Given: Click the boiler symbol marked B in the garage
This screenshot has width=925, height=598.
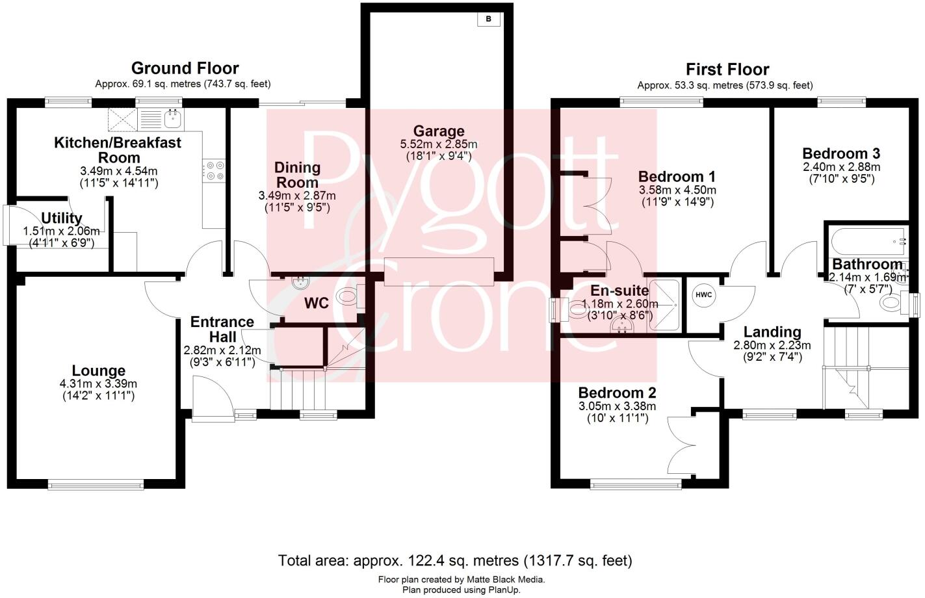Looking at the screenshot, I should click(x=488, y=19).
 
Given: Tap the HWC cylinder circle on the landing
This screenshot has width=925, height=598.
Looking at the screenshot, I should click(x=704, y=295).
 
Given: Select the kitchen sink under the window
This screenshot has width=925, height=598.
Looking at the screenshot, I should click(x=172, y=118).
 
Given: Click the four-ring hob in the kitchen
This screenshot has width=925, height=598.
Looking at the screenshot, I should click(x=214, y=170).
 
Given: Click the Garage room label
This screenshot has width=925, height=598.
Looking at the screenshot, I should click(x=439, y=131).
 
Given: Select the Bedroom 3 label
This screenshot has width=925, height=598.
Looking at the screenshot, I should click(x=841, y=154).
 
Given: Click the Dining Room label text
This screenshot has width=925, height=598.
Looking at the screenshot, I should click(x=297, y=175).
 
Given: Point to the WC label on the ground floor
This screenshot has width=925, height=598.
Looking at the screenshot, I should click(x=317, y=304).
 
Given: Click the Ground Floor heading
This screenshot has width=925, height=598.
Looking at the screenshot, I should click(x=185, y=68).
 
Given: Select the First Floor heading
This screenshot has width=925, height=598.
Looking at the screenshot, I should click(x=727, y=70).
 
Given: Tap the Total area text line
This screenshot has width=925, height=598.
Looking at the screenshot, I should click(x=455, y=560).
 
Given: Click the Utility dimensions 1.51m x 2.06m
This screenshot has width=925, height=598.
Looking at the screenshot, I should click(x=61, y=231).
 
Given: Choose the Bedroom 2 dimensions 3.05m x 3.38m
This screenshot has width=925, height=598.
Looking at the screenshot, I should click(x=617, y=407).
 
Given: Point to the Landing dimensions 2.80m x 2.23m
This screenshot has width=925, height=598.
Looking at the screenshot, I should click(x=772, y=345).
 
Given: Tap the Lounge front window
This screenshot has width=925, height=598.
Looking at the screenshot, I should click(x=96, y=484).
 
